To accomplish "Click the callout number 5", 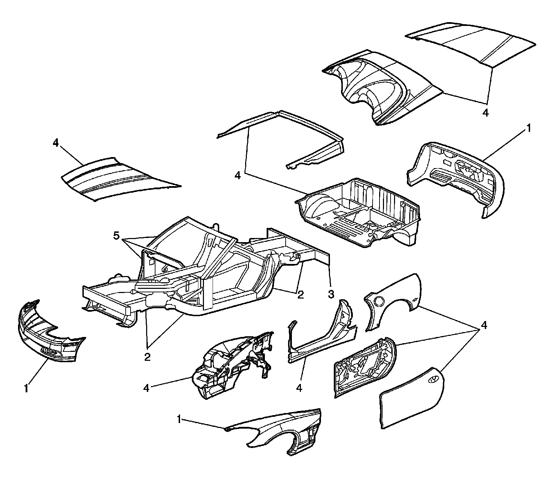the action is pyautogui.click(x=116, y=236).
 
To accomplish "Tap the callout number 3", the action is pyautogui.click(x=331, y=294).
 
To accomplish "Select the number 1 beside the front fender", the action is pyautogui.click(x=179, y=419).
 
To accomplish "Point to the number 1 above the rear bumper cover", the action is pyautogui.click(x=528, y=128).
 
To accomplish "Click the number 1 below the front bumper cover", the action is pyautogui.click(x=26, y=388).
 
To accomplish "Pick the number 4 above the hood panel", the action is pyautogui.click(x=56, y=143).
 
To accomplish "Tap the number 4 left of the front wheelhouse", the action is pyautogui.click(x=146, y=388).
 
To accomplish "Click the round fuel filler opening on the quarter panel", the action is pyautogui.click(x=378, y=300).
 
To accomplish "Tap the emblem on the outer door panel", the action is pyautogui.click(x=433, y=379).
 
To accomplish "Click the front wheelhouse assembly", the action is pyautogui.click(x=232, y=363).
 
